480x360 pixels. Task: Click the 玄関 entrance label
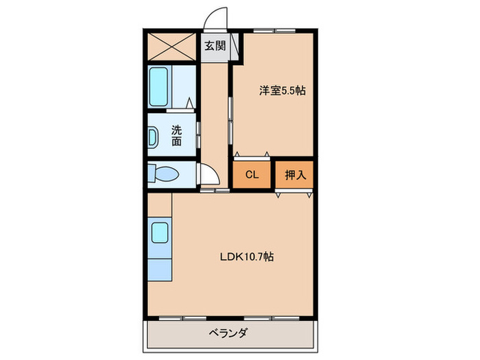(215, 46)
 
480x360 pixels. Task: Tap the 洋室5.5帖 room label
(281, 90)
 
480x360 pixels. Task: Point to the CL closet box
(252, 175)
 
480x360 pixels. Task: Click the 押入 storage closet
(296, 175)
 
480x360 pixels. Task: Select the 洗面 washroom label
(177, 135)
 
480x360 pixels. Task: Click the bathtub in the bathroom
(159, 86)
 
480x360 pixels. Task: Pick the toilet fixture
(163, 175)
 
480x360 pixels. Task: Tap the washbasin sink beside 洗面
(152, 136)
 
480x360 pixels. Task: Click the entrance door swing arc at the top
(218, 19)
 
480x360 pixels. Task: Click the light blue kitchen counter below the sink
(159, 268)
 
